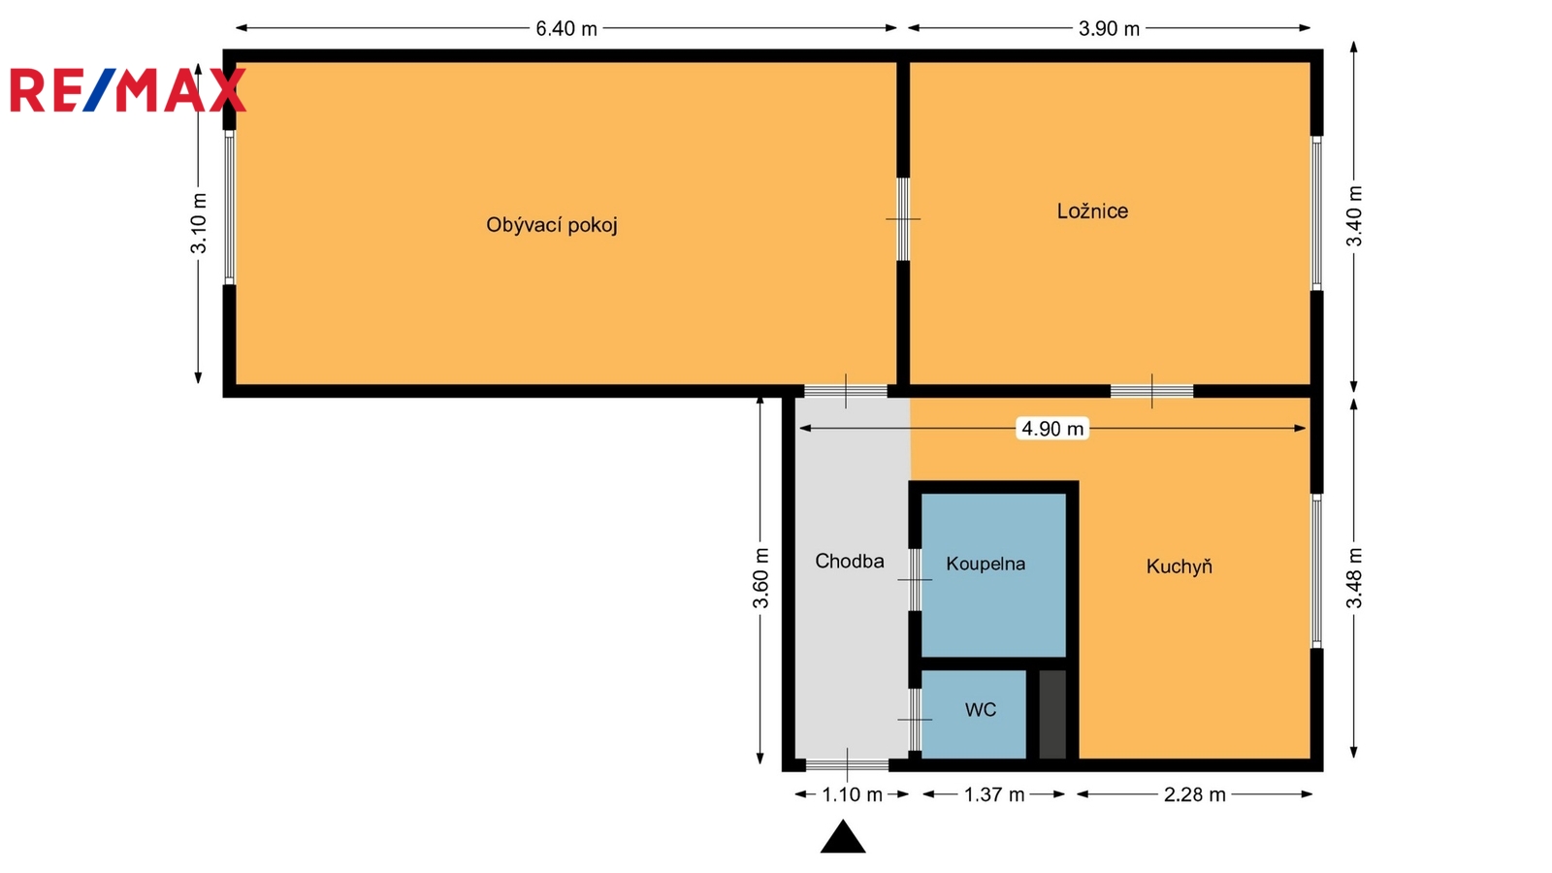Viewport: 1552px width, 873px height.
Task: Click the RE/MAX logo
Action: [x=128, y=90]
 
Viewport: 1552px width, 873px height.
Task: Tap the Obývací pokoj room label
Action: [x=552, y=225]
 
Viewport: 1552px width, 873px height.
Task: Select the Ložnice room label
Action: [x=1092, y=210]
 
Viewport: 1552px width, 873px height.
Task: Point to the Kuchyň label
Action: [x=1180, y=566]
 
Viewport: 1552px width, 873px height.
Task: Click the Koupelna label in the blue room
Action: [x=986, y=564]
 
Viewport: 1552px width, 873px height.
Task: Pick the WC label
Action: [x=981, y=709]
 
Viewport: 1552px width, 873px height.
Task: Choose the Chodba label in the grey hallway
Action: [x=850, y=561]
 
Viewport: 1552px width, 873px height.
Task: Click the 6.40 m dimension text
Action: [x=566, y=28]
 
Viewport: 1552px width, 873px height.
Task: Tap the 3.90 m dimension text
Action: [x=1109, y=28]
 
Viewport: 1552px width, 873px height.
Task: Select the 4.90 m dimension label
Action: [x=1052, y=429]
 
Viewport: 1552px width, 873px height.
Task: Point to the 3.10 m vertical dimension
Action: [x=199, y=223]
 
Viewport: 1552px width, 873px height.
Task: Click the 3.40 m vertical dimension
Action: [x=1354, y=216]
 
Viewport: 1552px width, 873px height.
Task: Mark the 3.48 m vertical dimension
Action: [x=1354, y=578]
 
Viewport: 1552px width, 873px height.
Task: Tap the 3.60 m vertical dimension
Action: [x=760, y=578]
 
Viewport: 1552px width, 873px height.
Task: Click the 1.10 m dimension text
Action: [x=853, y=794]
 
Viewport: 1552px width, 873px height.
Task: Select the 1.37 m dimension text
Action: [x=994, y=794]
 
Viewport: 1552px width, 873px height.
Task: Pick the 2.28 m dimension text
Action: [x=1194, y=794]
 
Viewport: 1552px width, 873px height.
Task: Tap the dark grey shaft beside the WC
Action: [x=1052, y=714]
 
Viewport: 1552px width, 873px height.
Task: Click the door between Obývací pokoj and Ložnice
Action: [x=903, y=219]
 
